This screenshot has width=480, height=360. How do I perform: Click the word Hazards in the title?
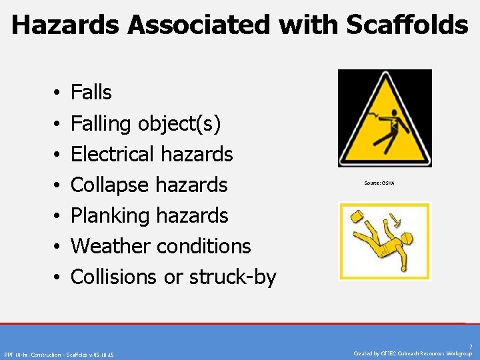[67, 25]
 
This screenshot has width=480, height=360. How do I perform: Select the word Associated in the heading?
[201, 25]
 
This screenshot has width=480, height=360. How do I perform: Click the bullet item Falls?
[91, 92]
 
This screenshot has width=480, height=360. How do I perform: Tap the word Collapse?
[109, 185]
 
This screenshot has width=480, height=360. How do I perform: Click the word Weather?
[108, 246]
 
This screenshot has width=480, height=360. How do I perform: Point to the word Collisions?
[114, 277]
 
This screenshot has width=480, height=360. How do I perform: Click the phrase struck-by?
[233, 277]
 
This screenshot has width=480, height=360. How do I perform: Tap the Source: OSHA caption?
[379, 183]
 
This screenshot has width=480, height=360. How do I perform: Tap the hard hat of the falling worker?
[407, 239]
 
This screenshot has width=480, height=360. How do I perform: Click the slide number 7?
[470, 346]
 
